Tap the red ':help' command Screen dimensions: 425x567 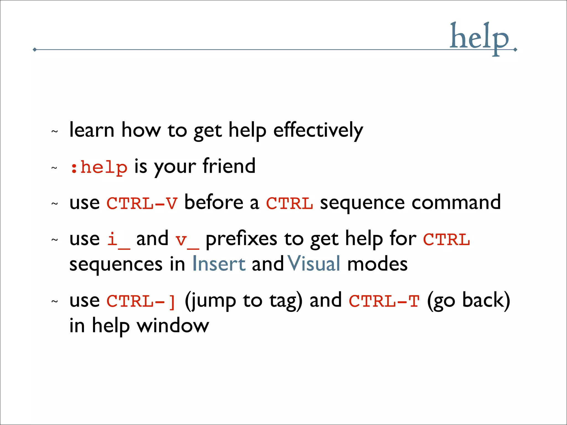[x=99, y=167]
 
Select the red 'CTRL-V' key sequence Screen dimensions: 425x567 [x=142, y=203]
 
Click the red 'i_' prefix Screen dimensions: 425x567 [x=118, y=240]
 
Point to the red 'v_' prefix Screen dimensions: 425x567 [x=187, y=240]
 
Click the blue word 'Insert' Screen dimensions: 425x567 [x=219, y=264]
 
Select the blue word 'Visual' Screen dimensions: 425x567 [x=314, y=264]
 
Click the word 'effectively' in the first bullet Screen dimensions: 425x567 [x=318, y=130]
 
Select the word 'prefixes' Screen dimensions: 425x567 [x=241, y=239]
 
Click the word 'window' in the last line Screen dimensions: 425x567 [x=173, y=326]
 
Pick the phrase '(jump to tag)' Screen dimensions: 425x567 [x=243, y=301]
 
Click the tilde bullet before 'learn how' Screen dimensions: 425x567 [x=55, y=131]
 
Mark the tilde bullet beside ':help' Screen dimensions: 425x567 [x=55, y=168]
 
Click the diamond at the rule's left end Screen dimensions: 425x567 [x=35, y=50]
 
